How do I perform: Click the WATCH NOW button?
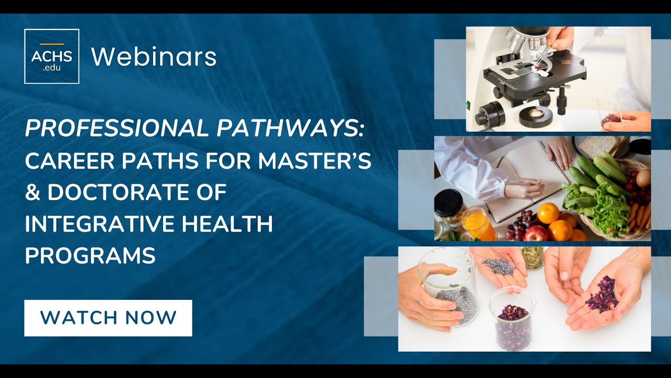pos(108,318)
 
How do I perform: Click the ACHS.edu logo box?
pos(51,56)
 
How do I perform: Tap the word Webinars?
pos(154,57)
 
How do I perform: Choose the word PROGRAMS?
pos(90,256)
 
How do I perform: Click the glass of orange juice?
pos(478,224)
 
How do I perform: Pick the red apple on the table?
pos(535,233)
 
